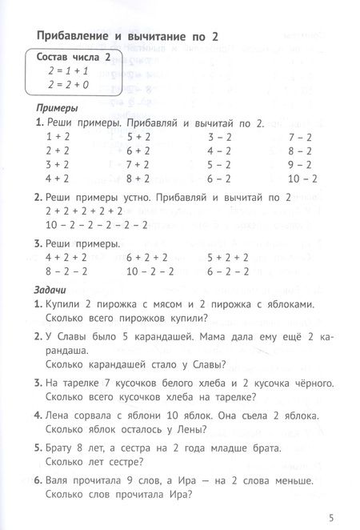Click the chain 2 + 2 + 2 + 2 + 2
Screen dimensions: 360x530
pos(85,211)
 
